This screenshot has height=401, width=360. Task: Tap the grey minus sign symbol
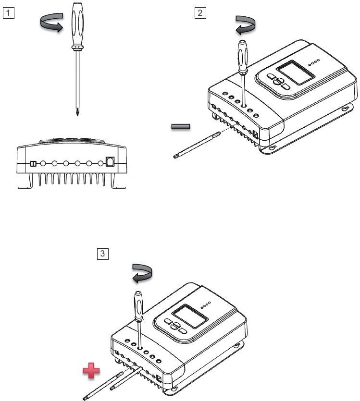[181, 127]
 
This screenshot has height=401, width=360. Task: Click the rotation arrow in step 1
[50, 24]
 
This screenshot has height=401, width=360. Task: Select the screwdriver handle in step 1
[78, 27]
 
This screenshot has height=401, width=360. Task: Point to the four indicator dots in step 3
[206, 304]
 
